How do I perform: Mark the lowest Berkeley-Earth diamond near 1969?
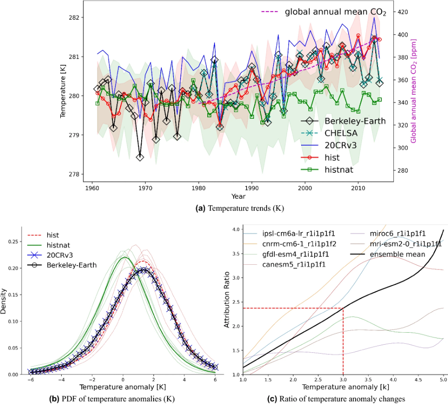pyautogui.click(x=140, y=157)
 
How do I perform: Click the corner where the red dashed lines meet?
pyautogui.click(x=343, y=308)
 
